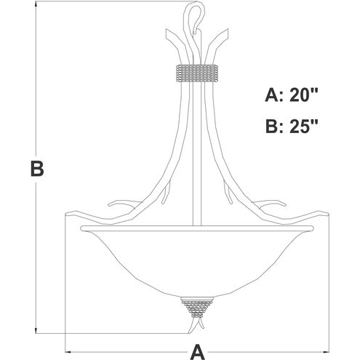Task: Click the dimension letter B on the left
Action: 37,168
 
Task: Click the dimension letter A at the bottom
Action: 198,352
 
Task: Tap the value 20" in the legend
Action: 304,95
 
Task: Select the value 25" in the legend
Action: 304,126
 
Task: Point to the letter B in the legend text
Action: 272,126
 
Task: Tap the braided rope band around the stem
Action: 196,73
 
